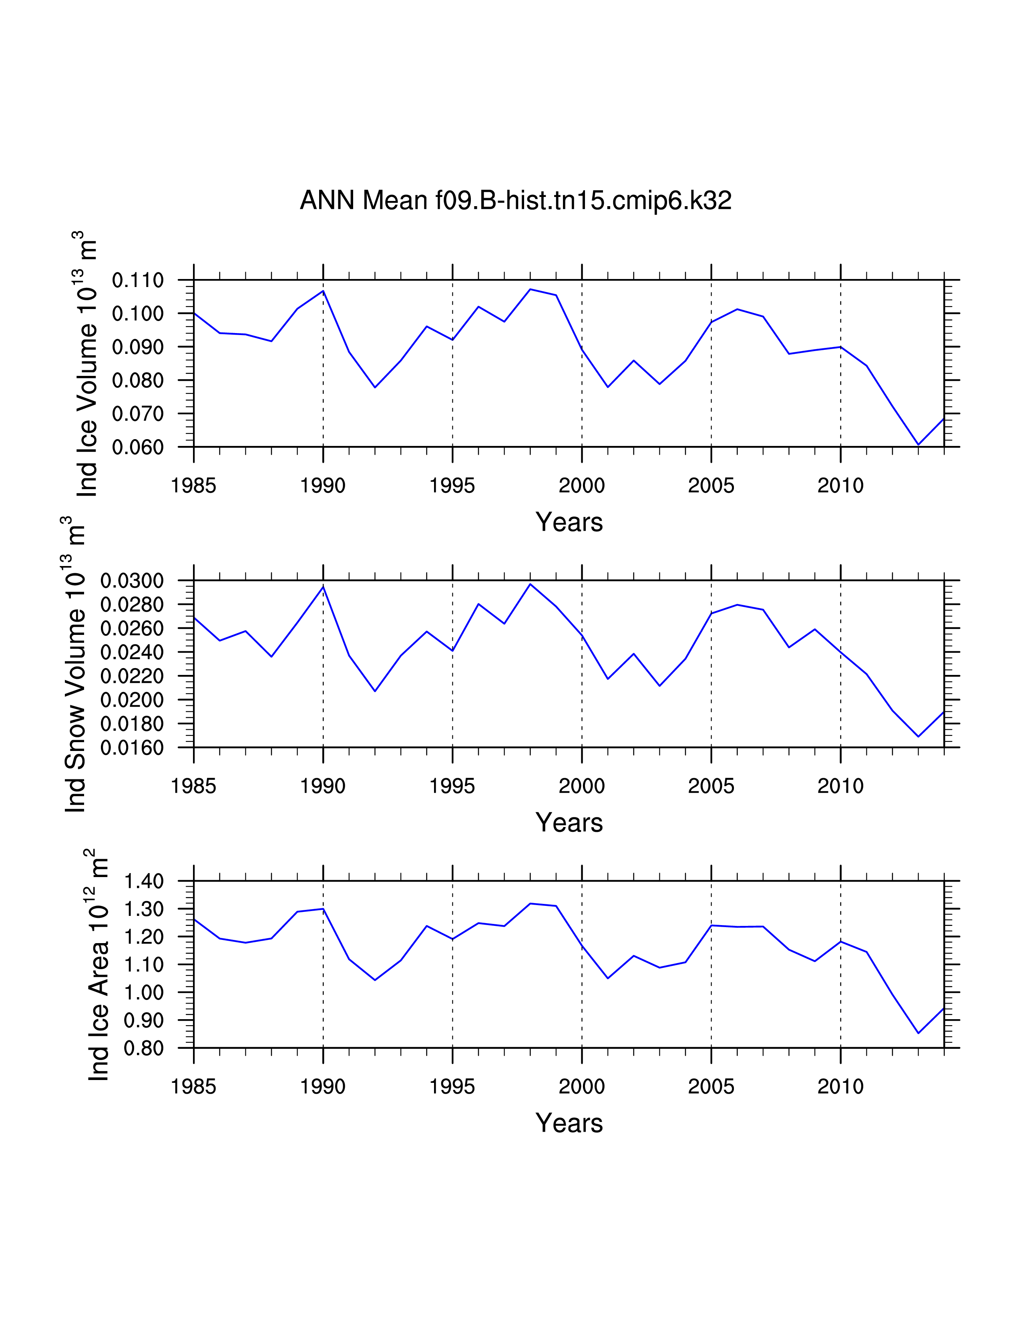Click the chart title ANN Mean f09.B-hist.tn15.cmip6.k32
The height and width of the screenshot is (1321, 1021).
tap(515, 200)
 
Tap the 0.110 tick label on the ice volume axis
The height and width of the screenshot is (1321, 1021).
tap(138, 281)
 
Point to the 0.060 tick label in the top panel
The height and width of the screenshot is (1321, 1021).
tap(138, 448)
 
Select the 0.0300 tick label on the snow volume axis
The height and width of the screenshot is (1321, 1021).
tap(132, 581)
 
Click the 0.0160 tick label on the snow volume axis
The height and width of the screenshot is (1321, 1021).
tap(132, 748)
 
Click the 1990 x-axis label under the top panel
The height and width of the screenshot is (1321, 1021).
tap(323, 485)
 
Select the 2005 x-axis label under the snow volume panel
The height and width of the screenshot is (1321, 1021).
tap(711, 786)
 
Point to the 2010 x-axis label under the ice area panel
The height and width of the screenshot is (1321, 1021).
tap(840, 1086)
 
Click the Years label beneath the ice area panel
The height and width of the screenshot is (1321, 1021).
tap(569, 1123)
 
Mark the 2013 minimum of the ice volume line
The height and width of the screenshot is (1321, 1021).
tap(918, 445)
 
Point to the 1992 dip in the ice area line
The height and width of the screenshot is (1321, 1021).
tap(375, 980)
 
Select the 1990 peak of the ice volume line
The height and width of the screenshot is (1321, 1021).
tap(323, 291)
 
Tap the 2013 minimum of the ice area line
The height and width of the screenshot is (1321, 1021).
tap(918, 1033)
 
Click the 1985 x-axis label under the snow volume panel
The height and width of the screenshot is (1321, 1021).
tap(193, 786)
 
